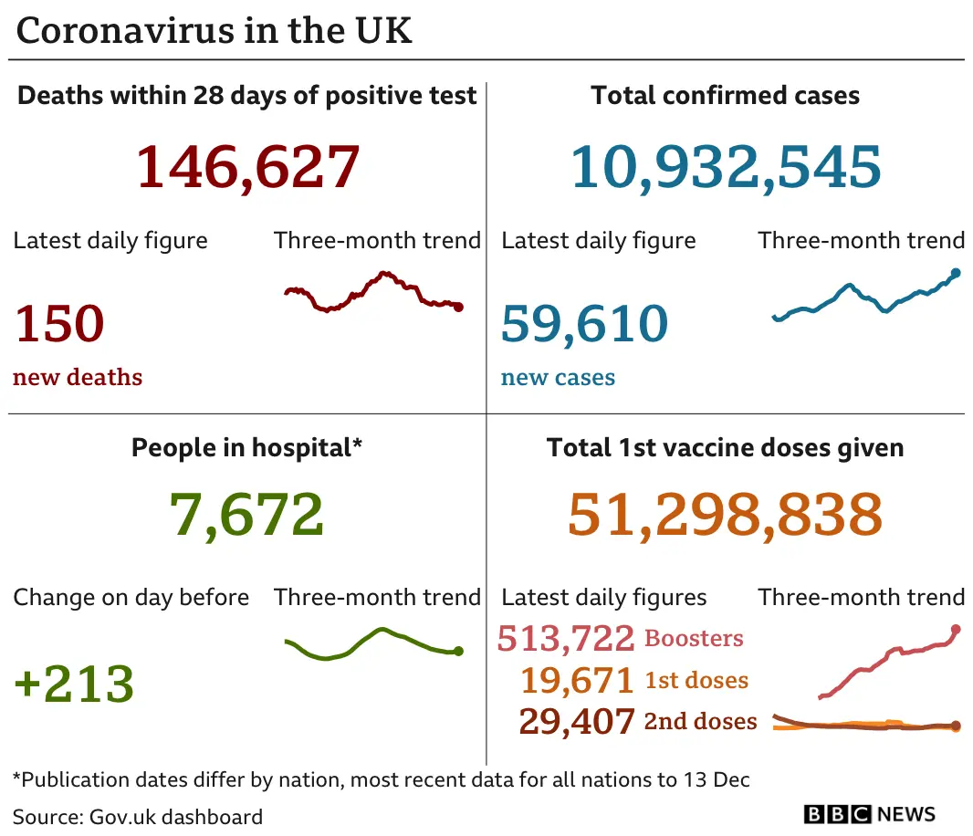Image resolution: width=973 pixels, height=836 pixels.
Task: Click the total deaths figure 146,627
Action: click(x=247, y=166)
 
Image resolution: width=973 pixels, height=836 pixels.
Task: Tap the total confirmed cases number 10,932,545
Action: click(x=726, y=166)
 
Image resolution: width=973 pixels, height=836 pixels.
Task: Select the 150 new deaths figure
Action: click(x=59, y=324)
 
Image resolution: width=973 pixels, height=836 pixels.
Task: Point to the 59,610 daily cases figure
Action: click(x=584, y=324)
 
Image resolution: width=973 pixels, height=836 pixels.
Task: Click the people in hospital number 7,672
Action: click(x=246, y=514)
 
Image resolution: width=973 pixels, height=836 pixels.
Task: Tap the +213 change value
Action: click(x=74, y=684)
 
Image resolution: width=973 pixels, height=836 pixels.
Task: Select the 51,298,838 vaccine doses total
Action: click(x=725, y=514)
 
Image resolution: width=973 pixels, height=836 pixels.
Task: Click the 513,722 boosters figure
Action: click(x=565, y=639)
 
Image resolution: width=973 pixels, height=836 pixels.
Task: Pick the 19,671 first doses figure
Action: click(x=577, y=681)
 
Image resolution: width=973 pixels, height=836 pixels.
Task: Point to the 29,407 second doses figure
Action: click(x=577, y=722)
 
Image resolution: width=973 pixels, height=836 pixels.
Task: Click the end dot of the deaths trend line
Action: click(x=458, y=308)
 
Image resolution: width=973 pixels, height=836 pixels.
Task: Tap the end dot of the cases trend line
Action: click(x=956, y=272)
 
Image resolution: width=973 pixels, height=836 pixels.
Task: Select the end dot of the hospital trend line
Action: click(x=458, y=651)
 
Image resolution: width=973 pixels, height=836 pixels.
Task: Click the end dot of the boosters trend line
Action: click(x=956, y=629)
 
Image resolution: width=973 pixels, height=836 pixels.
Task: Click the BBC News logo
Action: click(x=869, y=814)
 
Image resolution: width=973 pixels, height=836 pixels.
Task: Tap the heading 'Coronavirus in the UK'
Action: click(x=214, y=30)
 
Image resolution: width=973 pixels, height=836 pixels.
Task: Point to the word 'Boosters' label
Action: click(x=694, y=639)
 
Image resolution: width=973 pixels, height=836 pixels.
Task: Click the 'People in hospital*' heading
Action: click(x=247, y=447)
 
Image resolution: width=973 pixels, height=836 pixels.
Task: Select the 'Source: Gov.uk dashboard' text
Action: click(x=138, y=816)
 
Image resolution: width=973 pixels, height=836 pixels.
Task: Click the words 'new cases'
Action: click(x=558, y=378)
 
